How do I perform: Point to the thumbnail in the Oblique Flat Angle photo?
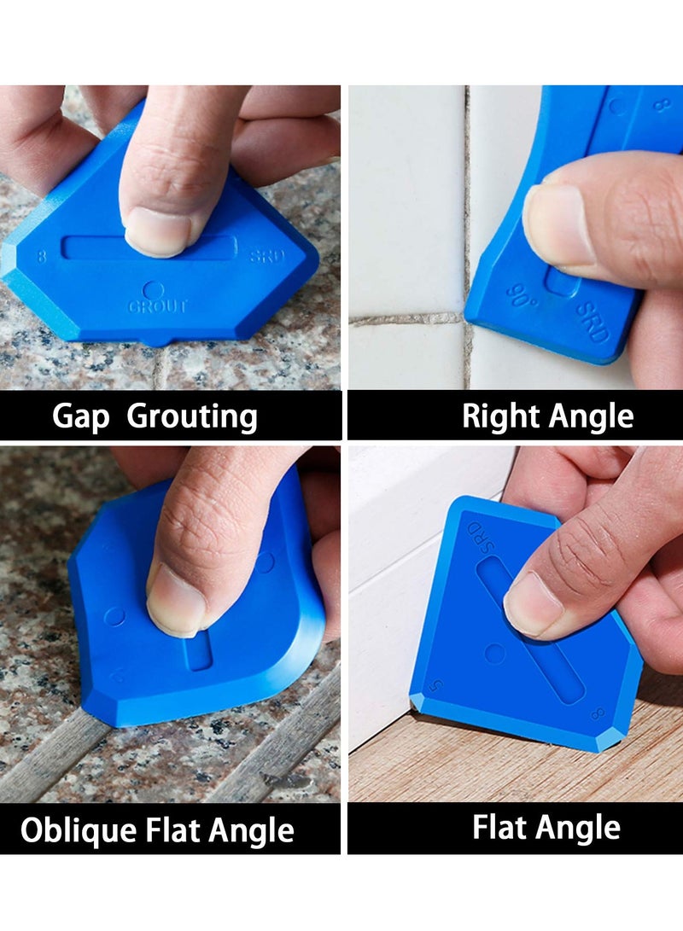175,604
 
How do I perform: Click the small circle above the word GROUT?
153,290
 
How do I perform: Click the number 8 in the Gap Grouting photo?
43,253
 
